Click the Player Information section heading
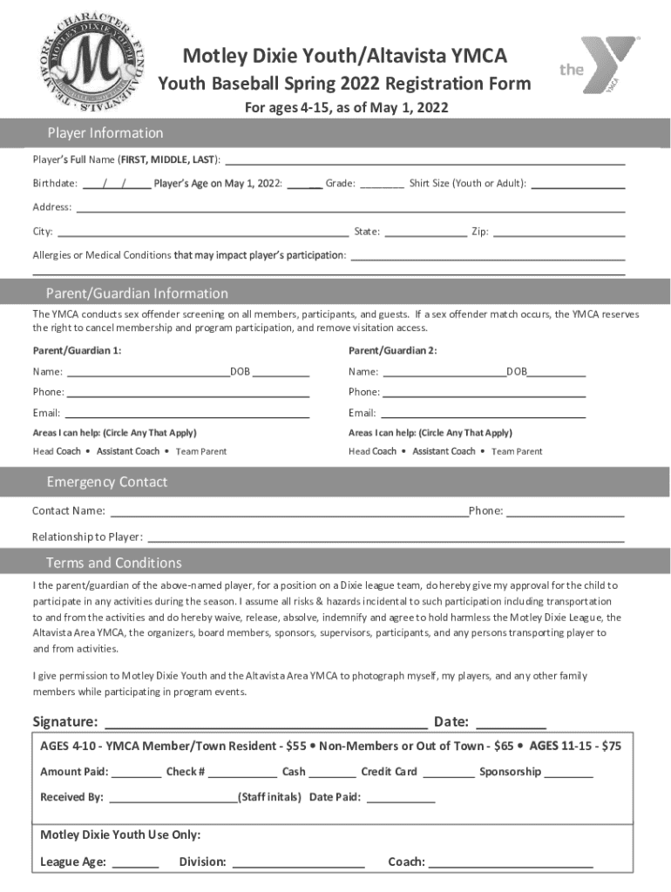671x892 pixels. point(105,133)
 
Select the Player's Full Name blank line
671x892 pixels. point(425,159)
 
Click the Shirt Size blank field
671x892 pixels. point(578,184)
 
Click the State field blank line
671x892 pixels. point(424,232)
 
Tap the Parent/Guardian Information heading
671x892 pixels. point(137,294)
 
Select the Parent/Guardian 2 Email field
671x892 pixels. point(483,413)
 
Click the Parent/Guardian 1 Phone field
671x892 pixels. point(187,392)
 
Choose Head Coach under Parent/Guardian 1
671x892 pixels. point(57,451)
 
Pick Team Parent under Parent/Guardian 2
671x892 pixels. point(517,451)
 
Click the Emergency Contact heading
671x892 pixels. point(106,483)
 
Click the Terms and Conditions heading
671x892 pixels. point(113,563)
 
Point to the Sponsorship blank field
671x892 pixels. point(569,772)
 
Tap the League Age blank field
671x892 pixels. point(136,862)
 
